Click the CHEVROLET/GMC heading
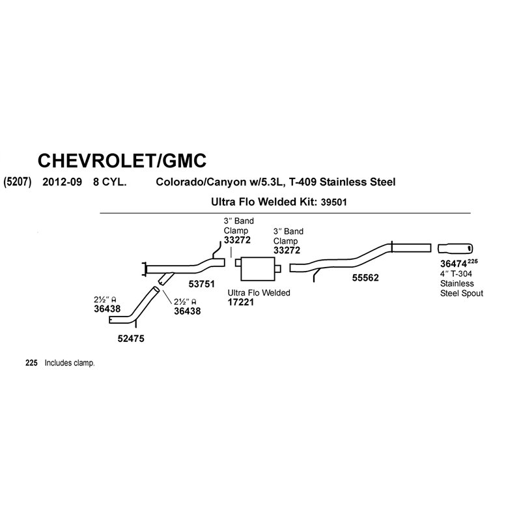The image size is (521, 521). (122, 160)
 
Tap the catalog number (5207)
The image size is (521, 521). (18, 182)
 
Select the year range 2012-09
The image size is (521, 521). (62, 182)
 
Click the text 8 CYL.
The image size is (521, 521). (109, 182)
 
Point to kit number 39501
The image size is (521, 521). (333, 203)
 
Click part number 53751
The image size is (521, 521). (202, 284)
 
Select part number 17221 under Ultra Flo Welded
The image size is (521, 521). (240, 302)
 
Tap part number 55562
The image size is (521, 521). (365, 278)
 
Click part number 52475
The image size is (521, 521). (131, 339)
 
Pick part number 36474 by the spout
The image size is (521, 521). (453, 264)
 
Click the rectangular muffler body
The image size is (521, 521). (258, 269)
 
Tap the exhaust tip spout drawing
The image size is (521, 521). (455, 248)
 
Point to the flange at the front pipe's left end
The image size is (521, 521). (144, 269)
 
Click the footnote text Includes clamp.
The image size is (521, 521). (70, 363)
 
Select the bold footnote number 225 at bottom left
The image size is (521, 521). (31, 363)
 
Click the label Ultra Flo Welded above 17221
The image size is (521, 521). (259, 292)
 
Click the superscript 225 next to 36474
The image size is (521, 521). (473, 262)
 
